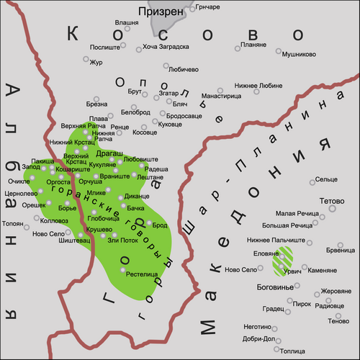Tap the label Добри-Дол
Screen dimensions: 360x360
tap(259, 338)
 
